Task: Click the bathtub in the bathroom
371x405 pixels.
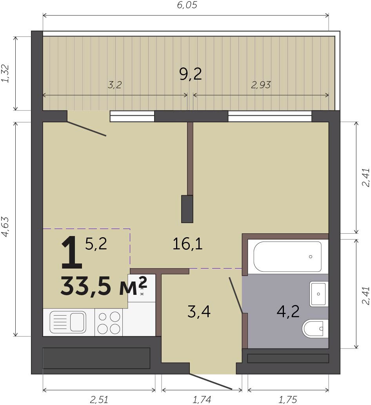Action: point(287,256)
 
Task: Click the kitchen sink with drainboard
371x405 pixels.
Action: point(68,322)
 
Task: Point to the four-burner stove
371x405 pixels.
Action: point(109,322)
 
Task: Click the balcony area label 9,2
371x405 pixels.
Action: point(191,74)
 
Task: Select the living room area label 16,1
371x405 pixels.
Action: point(187,244)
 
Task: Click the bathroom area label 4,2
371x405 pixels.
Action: point(288,311)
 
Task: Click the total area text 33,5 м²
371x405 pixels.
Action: point(104,286)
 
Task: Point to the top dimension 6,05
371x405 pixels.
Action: point(187,5)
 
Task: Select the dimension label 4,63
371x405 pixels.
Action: point(5,227)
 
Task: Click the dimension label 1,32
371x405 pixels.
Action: point(5,73)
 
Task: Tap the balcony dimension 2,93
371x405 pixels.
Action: point(261,85)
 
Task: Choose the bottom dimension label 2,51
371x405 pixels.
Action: point(99,400)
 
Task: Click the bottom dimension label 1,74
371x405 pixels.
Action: point(202,400)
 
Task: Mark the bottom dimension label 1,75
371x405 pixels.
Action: point(288,400)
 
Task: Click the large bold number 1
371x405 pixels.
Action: point(71,254)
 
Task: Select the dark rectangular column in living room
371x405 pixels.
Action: point(187,209)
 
